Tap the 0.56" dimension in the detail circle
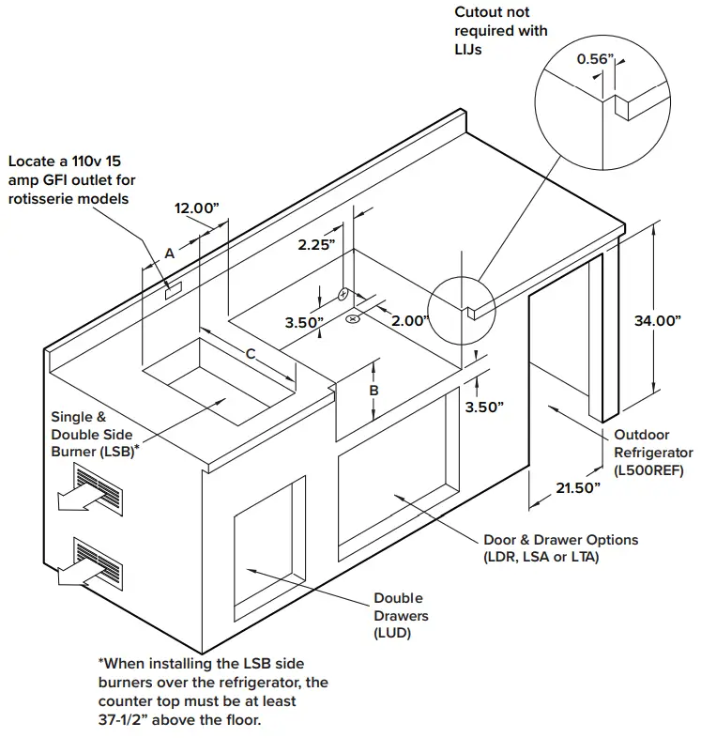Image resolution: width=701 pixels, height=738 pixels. point(594,59)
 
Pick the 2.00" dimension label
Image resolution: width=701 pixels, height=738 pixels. point(410,320)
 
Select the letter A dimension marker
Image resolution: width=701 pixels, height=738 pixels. point(169,253)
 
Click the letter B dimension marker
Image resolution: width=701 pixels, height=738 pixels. point(373,390)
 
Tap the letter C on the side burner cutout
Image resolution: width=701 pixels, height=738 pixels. point(250,353)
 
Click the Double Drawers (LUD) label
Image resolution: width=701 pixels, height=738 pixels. point(401,616)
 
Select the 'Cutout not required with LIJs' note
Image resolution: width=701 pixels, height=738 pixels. point(500,30)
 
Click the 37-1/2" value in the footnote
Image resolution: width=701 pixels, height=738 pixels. point(126,719)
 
